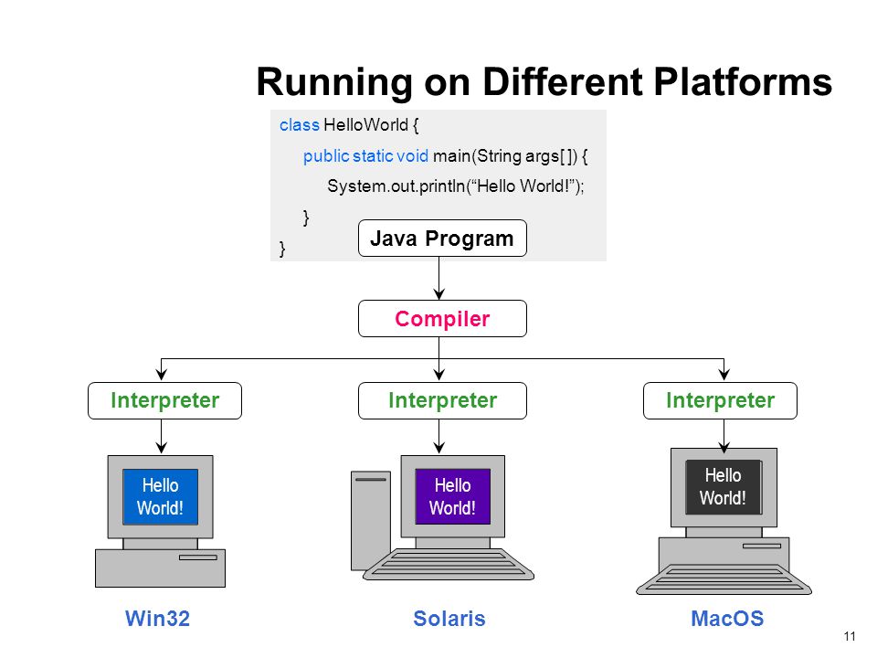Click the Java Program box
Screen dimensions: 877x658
(x=442, y=239)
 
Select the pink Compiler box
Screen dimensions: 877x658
(x=442, y=318)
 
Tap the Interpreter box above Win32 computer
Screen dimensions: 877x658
(x=164, y=400)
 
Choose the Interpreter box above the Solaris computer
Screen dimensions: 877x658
(x=442, y=400)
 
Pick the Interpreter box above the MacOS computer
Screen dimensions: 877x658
(x=720, y=400)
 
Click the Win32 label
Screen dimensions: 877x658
(x=158, y=619)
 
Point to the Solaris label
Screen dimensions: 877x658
(x=449, y=619)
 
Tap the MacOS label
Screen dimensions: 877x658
(x=727, y=619)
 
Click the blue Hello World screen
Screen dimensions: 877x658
(x=160, y=496)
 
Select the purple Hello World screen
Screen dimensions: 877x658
(x=452, y=496)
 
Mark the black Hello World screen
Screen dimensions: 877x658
(x=724, y=487)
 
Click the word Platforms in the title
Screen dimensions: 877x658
(x=743, y=81)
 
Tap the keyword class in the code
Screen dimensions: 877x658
(x=300, y=125)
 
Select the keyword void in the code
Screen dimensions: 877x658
(x=412, y=155)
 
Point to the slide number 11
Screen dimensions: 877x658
(x=850, y=636)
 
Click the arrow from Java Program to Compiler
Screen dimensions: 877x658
(x=439, y=278)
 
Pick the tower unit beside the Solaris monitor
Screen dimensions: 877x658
(x=371, y=520)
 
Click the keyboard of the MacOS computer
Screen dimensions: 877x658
(x=724, y=579)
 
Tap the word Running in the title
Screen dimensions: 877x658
(x=334, y=83)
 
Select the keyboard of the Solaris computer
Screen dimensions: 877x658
(x=449, y=564)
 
